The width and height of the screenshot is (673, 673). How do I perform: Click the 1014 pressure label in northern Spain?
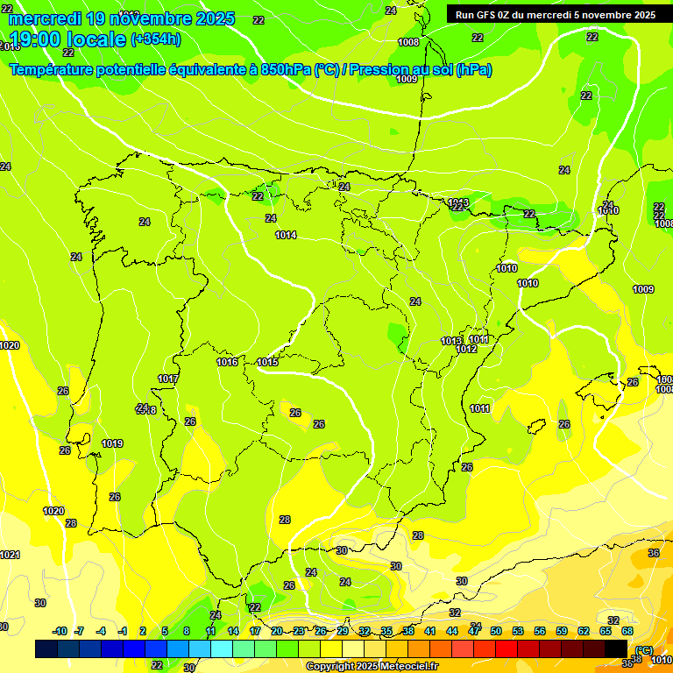[x=286, y=235]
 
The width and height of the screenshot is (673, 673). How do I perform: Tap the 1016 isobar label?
[x=227, y=362]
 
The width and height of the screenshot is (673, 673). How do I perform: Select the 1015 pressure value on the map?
[x=267, y=362]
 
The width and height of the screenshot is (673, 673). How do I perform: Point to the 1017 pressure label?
[x=168, y=379]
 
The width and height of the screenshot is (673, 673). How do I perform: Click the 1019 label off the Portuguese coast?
[x=112, y=443]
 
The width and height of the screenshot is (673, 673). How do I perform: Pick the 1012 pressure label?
[x=466, y=349]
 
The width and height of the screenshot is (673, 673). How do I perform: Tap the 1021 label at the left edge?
[x=10, y=555]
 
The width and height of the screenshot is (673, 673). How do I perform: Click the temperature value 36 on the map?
[x=654, y=553]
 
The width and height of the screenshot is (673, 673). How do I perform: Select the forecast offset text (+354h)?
[x=156, y=39]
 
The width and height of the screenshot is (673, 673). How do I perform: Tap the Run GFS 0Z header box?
[x=556, y=14]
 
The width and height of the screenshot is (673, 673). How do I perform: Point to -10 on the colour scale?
[x=60, y=631]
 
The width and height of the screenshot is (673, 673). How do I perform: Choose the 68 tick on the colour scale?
[x=627, y=631]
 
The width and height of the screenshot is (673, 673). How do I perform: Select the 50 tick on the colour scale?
[x=496, y=631]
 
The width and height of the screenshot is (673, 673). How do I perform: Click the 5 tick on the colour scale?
[x=165, y=631]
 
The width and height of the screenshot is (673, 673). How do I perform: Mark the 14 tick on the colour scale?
[x=233, y=631]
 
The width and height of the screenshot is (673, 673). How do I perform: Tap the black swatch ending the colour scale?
[x=616, y=648]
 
